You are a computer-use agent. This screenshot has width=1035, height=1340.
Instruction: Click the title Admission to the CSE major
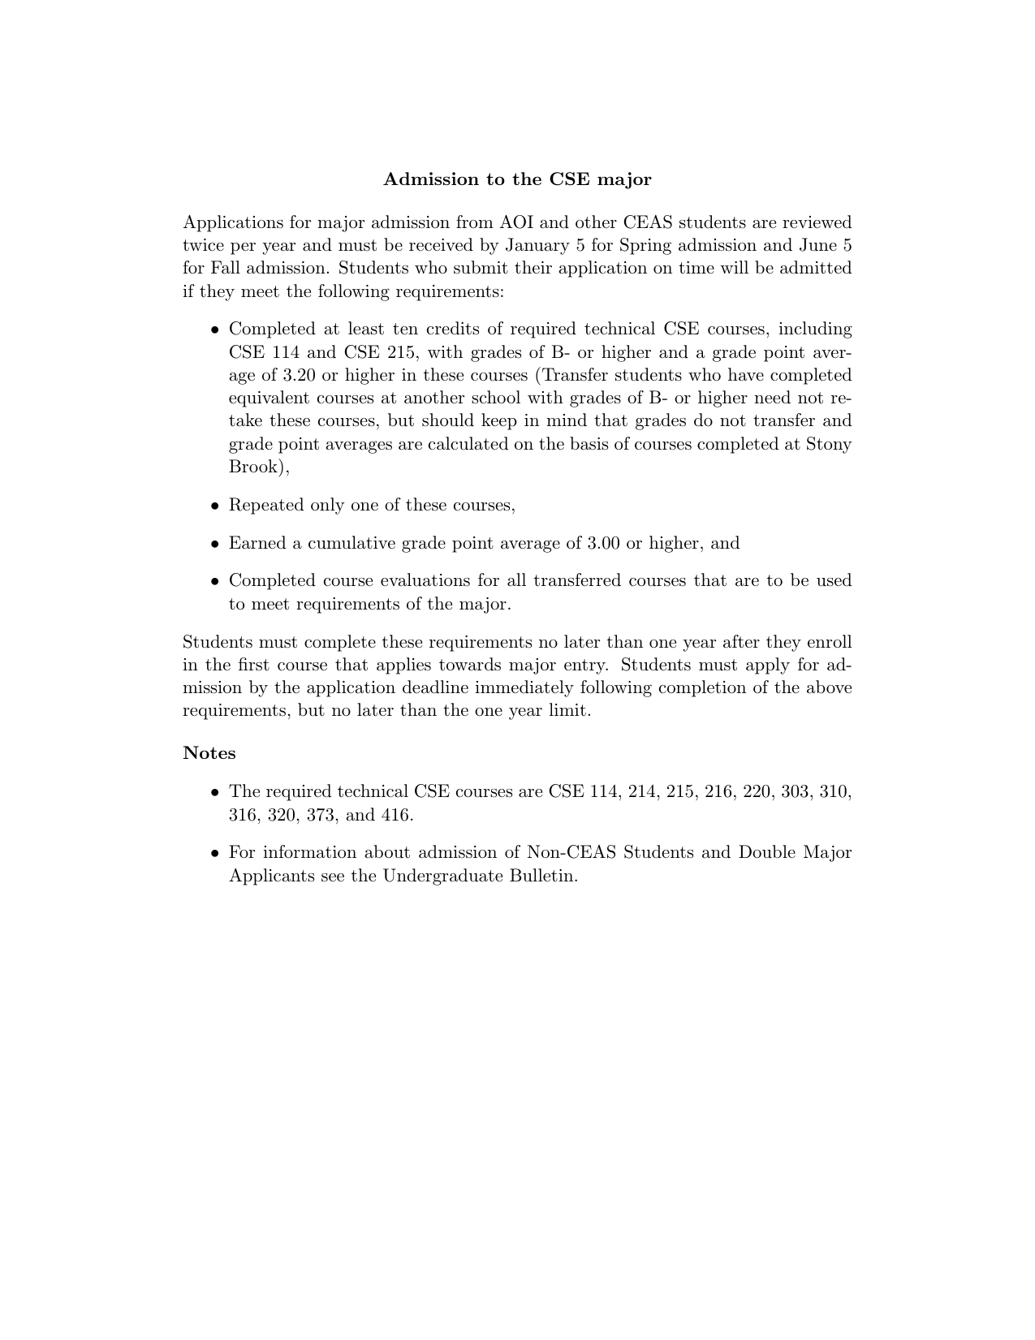[517, 179]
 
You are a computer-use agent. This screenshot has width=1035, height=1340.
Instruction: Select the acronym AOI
[515, 222]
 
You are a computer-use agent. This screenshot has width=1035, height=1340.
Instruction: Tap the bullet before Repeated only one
[215, 506]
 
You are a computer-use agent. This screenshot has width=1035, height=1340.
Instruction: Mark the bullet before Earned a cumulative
[215, 544]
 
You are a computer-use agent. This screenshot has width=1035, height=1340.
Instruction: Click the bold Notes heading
[209, 753]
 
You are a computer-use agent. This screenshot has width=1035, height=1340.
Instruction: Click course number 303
[796, 791]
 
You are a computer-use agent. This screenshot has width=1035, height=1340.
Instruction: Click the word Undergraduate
[442, 876]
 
